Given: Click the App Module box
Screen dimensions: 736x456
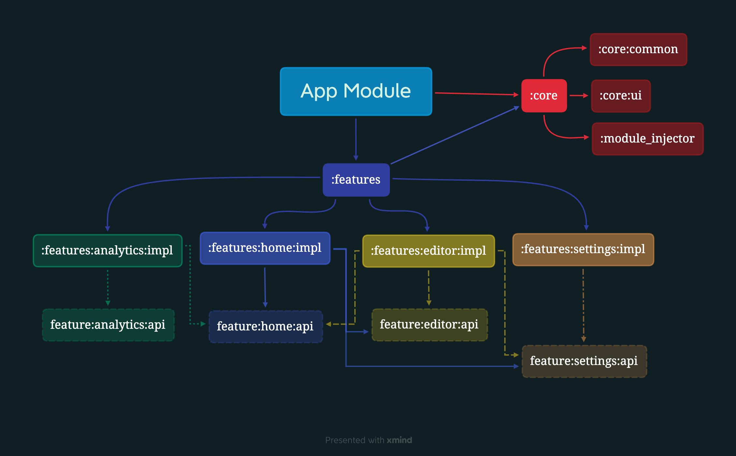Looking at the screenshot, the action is point(356,91).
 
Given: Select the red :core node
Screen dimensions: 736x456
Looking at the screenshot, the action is point(544,96).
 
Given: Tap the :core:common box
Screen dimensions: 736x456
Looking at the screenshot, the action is point(638,50).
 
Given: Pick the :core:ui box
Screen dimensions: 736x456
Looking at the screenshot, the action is point(621,96).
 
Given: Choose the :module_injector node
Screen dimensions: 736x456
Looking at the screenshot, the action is point(647,139).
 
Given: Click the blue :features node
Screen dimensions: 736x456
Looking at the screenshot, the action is point(356,180).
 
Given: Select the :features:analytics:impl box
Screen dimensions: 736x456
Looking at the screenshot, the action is point(108,251).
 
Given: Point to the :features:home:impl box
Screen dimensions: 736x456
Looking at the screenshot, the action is point(265,248).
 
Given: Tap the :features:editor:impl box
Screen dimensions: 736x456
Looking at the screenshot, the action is point(428,251).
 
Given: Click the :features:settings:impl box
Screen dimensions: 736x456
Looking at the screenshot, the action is point(583,250).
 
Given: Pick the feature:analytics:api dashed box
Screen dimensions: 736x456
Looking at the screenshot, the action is point(108,325).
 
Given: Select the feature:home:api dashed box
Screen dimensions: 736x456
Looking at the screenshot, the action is point(265,327).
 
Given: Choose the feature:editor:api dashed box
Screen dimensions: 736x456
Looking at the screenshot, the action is point(429,325).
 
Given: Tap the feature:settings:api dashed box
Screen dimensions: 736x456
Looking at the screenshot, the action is point(584,361).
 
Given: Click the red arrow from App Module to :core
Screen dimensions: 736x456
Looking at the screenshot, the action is point(477,94).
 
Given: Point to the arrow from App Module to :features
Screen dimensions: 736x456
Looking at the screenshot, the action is point(356,139).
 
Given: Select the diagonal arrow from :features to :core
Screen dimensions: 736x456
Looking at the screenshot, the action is point(455,135).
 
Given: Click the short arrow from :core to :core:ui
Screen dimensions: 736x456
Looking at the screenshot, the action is point(579,96).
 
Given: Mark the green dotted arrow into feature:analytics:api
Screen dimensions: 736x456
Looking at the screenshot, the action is point(108,288).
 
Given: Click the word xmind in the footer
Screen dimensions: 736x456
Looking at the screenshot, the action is point(399,440).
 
